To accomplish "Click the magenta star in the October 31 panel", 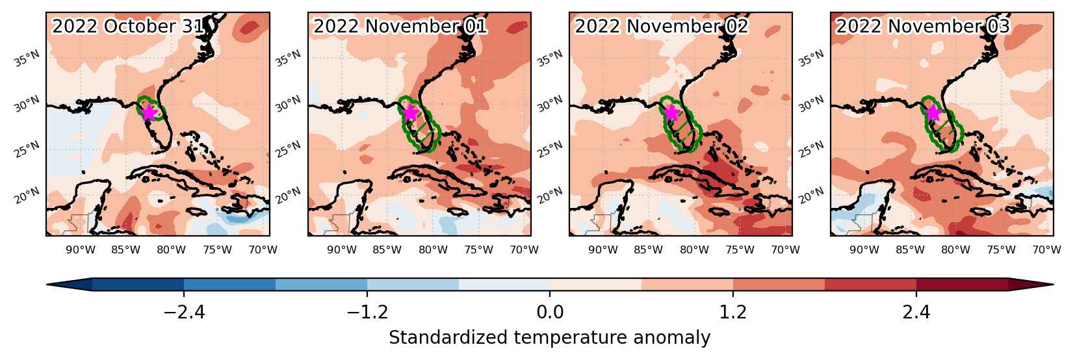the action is (149, 112).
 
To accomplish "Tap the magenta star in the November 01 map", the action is (411, 112).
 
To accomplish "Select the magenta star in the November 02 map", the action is (672, 112).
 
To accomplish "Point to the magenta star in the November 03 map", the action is (933, 113).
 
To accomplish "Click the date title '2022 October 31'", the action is (129, 26).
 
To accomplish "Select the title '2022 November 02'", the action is (662, 26).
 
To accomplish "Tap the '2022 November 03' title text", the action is (923, 26).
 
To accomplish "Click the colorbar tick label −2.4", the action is (185, 313).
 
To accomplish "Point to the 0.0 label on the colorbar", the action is (550, 313).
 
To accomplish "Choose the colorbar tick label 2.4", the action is (916, 313).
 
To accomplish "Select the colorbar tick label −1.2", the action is (367, 313).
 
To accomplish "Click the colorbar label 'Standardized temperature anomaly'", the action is (549, 338).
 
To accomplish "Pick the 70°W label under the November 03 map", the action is (1046, 250).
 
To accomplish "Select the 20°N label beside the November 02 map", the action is (550, 196).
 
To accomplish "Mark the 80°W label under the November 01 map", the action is (433, 250).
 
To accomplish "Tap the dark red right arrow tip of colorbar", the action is (1052, 285).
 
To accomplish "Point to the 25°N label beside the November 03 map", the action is (812, 150).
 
